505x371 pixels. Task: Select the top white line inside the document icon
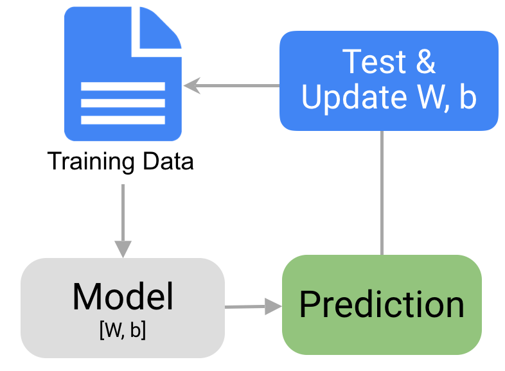click(x=123, y=86)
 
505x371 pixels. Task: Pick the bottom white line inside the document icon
click(x=123, y=119)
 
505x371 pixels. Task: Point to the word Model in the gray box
click(x=123, y=297)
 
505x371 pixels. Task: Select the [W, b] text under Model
click(x=123, y=330)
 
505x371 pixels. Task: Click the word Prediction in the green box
click(x=382, y=304)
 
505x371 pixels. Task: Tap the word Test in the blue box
click(x=367, y=62)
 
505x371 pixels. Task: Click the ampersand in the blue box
click(x=425, y=62)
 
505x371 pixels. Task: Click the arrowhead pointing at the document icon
click(x=190, y=85)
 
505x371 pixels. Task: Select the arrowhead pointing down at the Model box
click(x=123, y=248)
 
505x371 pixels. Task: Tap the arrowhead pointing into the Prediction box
click(x=274, y=306)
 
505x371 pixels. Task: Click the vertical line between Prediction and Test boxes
click(x=382, y=193)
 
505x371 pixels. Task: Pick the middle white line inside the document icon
click(x=123, y=103)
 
